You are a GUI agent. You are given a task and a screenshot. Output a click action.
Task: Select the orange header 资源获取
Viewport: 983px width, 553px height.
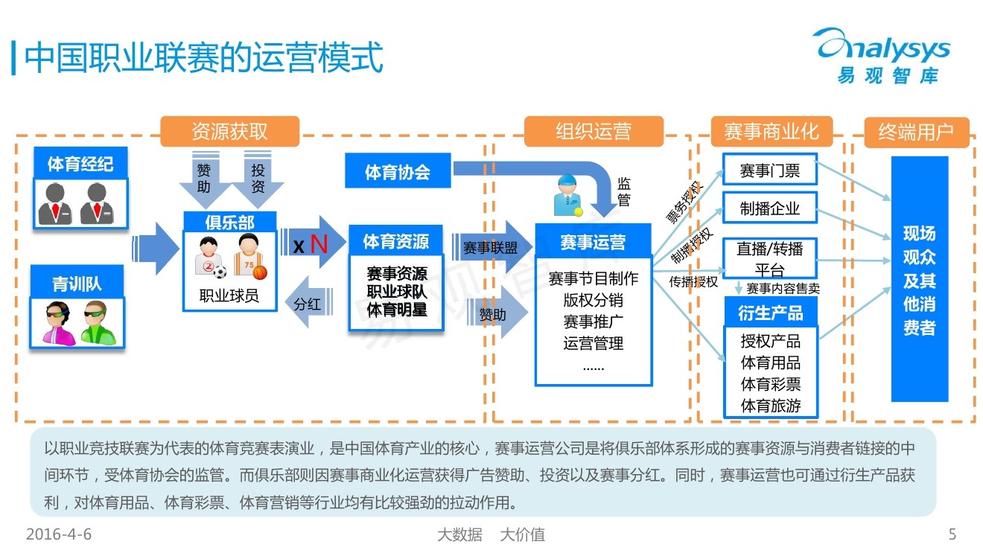point(229,132)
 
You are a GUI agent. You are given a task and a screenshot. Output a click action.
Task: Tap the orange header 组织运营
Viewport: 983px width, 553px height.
point(593,132)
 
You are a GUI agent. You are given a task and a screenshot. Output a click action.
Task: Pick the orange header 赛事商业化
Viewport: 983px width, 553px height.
point(771,132)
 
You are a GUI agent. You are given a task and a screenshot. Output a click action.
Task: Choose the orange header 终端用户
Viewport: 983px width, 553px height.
point(916,132)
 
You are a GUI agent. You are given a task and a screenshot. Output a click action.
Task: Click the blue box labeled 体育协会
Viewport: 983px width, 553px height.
point(398,172)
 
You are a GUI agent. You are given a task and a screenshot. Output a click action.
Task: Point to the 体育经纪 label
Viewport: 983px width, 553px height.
point(80,163)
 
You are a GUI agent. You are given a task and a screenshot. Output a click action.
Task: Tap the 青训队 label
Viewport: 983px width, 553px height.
point(77,284)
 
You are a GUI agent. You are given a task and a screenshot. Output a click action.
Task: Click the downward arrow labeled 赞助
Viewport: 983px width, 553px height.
point(204,179)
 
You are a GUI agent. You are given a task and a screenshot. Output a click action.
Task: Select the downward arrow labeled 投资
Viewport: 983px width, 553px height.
point(258,179)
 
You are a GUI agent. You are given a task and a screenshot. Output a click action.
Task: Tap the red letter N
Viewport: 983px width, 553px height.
point(319,243)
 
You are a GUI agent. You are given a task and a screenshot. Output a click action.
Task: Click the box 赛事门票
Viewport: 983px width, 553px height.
point(769,170)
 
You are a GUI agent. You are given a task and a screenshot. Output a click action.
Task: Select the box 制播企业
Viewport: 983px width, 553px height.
point(769,208)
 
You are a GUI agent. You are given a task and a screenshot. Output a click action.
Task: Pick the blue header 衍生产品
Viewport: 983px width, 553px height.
point(770,313)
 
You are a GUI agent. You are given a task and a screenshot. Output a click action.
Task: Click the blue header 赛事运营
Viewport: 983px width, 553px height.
point(593,242)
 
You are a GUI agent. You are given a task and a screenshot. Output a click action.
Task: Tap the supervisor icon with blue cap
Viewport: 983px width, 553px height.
point(568,195)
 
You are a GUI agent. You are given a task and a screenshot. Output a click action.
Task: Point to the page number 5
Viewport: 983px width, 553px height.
point(952,534)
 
